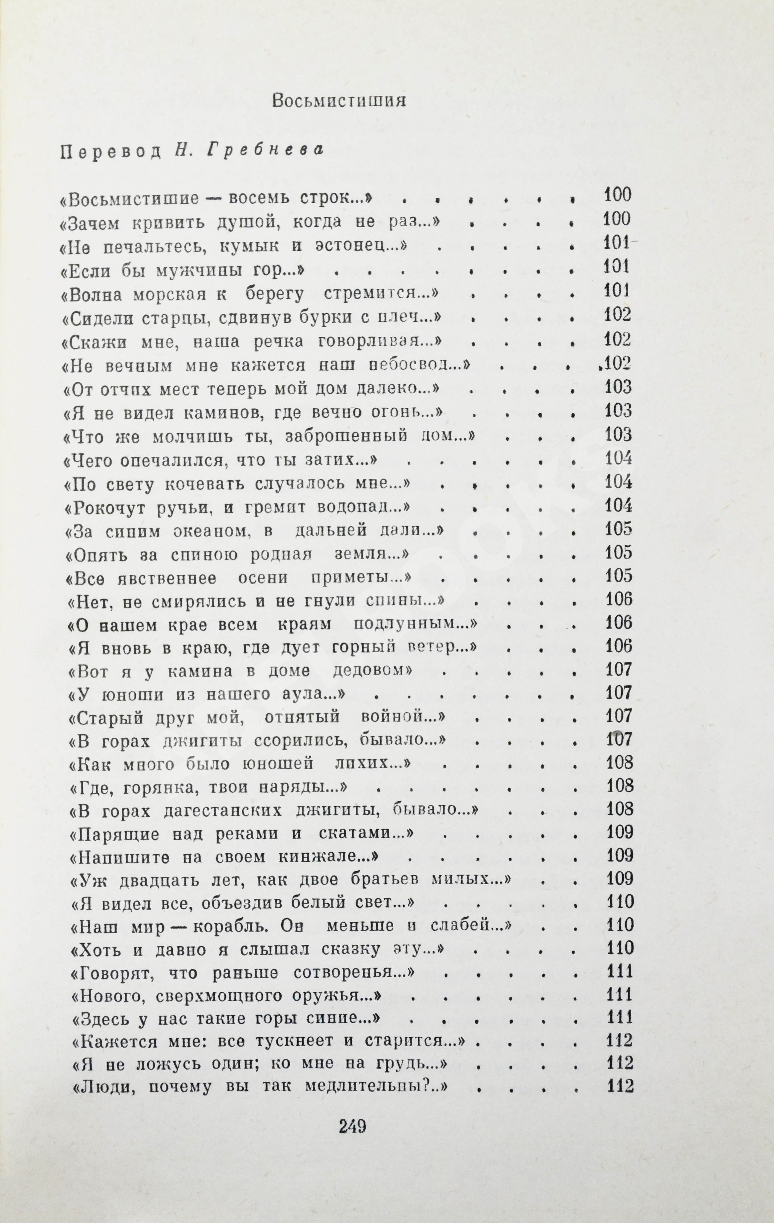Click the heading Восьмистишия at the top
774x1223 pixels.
click(339, 101)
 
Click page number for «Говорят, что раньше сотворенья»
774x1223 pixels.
click(620, 971)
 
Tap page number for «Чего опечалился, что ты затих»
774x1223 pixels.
click(619, 458)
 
